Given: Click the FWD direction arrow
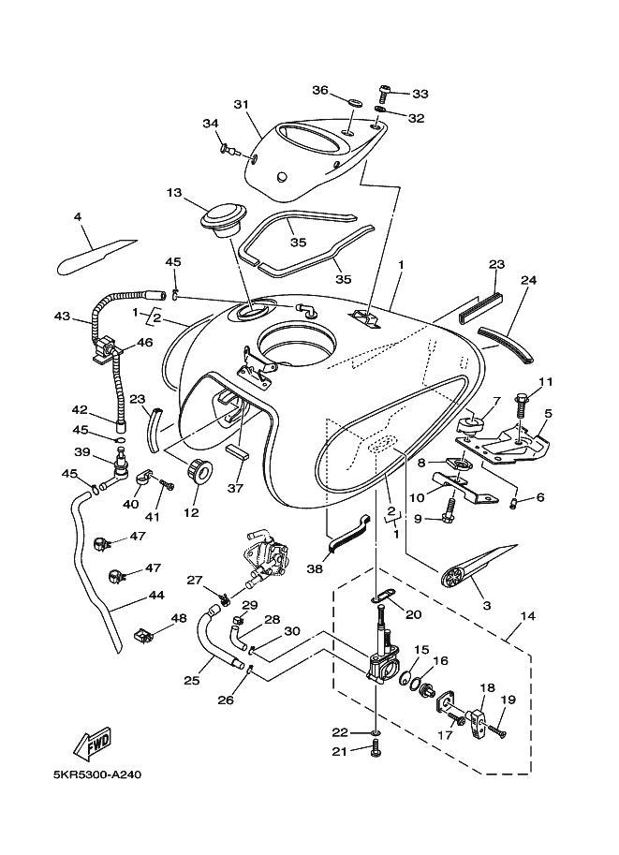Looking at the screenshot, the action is tap(94, 744).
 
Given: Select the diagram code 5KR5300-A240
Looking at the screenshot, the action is tap(96, 774).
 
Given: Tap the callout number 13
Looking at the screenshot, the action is tap(174, 193).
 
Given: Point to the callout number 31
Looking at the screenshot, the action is tap(242, 104).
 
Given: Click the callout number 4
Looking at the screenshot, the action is tap(78, 217).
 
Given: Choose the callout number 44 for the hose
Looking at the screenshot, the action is tap(157, 596).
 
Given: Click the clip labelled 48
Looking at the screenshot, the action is tap(142, 635).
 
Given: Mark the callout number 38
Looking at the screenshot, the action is tap(315, 568).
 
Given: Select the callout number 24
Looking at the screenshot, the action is tap(528, 280).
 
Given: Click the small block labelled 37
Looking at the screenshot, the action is tap(237, 452).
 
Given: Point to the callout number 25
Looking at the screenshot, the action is tap(191, 681).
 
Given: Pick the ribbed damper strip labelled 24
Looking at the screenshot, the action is tap(506, 346).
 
